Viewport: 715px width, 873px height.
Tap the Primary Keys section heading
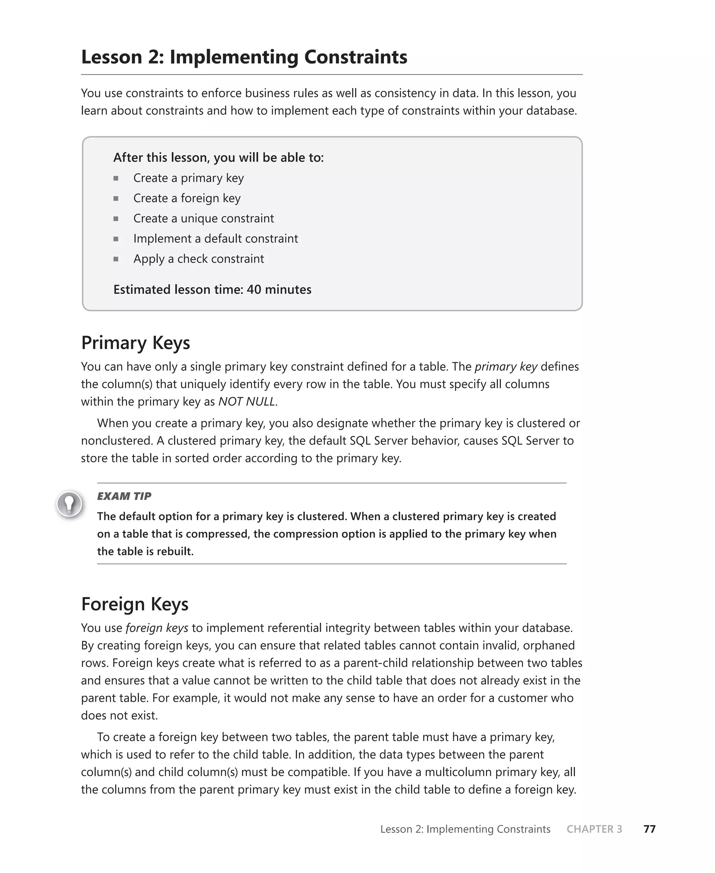point(135,342)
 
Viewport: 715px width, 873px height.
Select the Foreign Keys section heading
point(135,604)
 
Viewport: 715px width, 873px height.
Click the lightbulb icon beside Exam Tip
point(69,504)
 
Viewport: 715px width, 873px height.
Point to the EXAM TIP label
point(124,496)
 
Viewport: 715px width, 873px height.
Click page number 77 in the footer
point(649,829)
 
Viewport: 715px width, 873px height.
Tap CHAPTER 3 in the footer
point(594,829)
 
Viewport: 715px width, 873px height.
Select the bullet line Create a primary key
point(188,178)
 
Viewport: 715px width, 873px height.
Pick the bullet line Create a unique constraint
point(204,218)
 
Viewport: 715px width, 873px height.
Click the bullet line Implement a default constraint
point(215,239)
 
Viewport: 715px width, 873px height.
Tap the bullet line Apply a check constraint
point(199,259)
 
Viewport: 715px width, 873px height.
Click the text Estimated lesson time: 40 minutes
point(212,289)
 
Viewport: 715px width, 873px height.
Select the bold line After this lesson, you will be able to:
point(218,158)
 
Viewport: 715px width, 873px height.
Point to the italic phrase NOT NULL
point(246,402)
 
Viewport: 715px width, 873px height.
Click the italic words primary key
point(506,366)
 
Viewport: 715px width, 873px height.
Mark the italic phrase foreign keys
point(156,628)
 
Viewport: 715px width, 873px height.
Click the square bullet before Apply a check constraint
point(116,259)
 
